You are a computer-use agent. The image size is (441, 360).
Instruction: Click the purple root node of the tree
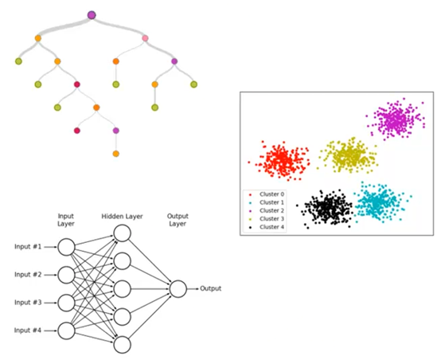[92, 15]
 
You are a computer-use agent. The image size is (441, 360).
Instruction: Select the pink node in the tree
[145, 38]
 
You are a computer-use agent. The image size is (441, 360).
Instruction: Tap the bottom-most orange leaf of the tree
[116, 154]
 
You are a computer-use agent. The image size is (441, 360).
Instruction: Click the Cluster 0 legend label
[271, 194]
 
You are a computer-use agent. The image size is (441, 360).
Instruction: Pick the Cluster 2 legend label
[271, 210]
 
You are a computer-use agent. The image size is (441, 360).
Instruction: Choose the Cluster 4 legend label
[271, 227]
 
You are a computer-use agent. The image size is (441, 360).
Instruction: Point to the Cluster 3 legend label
[271, 219]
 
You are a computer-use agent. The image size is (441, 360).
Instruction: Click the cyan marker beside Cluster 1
[250, 202]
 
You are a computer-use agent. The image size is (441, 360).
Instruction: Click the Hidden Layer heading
[122, 217]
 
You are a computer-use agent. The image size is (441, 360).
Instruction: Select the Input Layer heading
[66, 220]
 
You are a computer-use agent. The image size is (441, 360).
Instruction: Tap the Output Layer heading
[178, 220]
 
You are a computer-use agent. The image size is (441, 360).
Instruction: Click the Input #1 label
[28, 247]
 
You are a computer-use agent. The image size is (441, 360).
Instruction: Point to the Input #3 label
[28, 303]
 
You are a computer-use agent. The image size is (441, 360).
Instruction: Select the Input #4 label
[28, 331]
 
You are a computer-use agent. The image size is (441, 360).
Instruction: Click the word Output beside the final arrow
[211, 288]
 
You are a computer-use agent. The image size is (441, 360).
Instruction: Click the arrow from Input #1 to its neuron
[51, 247]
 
